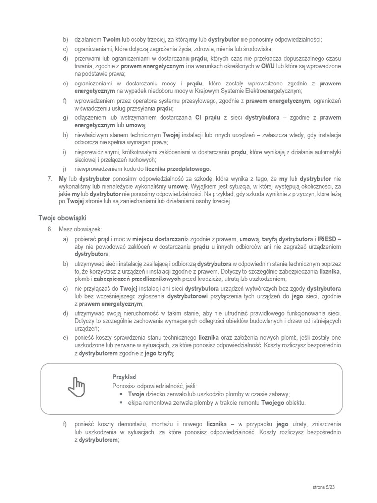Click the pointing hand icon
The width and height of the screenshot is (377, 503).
coord(76,387)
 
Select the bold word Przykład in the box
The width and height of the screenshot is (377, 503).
coord(124,377)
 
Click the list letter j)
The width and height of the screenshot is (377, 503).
coord(65,168)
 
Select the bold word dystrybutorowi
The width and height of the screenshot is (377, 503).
coord(188,297)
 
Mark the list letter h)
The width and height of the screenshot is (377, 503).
coord(65,135)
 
